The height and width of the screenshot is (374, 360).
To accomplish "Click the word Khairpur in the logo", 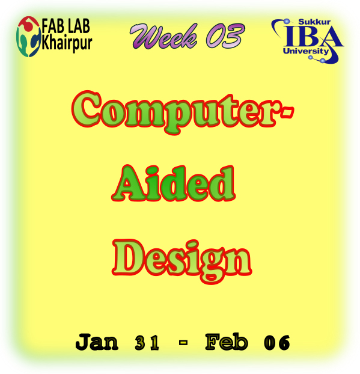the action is [x=67, y=43].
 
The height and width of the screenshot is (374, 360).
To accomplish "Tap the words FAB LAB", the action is [x=66, y=26].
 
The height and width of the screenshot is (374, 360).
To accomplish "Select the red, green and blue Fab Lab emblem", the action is [x=29, y=37].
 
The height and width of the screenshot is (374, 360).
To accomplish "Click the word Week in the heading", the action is [x=164, y=36].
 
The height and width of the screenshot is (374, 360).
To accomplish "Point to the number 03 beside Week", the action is [x=225, y=35].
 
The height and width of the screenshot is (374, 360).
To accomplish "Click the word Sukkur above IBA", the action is [x=314, y=22].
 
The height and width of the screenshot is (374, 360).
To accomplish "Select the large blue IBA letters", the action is [x=314, y=36].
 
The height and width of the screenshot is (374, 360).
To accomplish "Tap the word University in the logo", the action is [x=306, y=51].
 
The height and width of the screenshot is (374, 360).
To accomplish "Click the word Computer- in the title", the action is [x=183, y=112].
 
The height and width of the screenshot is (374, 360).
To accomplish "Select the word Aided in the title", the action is [x=174, y=183].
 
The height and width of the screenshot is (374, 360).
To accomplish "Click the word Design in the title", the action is [x=182, y=261].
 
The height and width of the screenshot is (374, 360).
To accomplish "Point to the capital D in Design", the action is [x=129, y=257].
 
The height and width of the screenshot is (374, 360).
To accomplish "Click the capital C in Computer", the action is [x=87, y=109].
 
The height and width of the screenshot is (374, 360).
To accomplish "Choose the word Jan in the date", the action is [x=97, y=342].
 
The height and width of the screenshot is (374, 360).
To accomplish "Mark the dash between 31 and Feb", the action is [x=183, y=343].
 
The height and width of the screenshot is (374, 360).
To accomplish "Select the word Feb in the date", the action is [x=227, y=342].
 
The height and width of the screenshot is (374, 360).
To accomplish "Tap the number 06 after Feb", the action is [x=277, y=343].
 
